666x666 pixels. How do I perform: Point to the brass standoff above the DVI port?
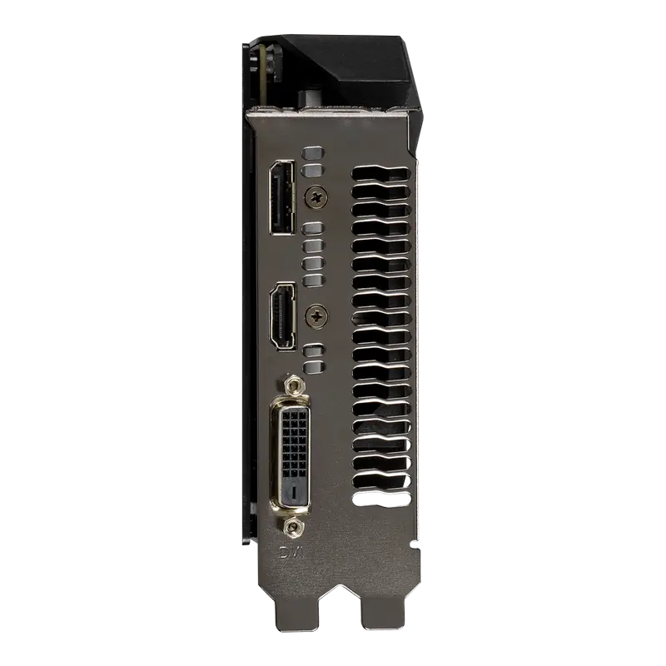[291, 385]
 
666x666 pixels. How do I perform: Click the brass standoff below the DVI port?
[291, 527]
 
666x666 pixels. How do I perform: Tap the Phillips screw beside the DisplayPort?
[316, 196]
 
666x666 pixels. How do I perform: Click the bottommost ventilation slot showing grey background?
[382, 499]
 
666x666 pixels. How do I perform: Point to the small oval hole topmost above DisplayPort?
[312, 153]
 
